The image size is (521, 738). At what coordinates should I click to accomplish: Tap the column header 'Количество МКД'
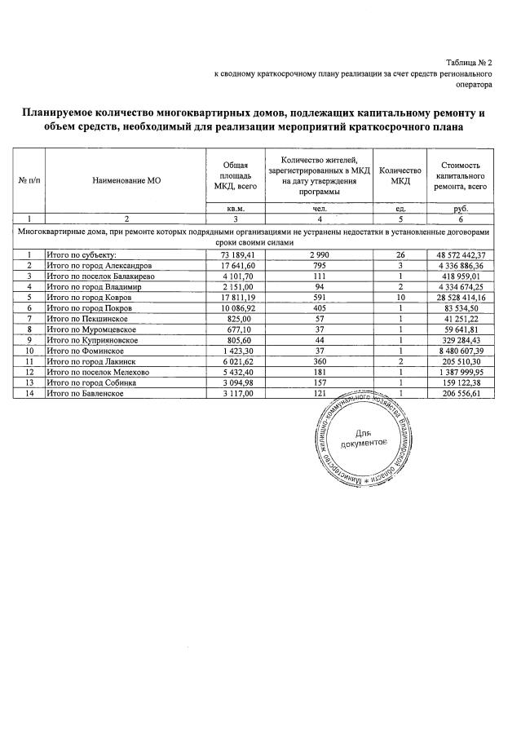point(400,175)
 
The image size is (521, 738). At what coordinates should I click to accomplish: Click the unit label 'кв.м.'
point(235,209)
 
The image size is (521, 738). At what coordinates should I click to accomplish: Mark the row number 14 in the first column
point(29,393)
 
